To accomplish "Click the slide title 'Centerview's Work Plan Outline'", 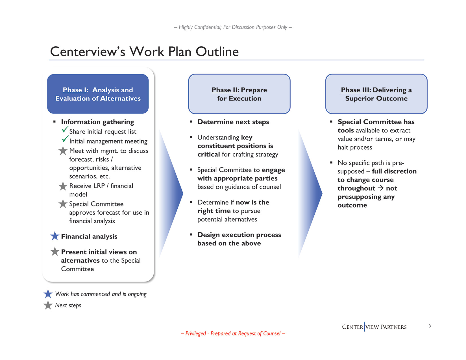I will [144, 52].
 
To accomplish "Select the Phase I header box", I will [98, 94].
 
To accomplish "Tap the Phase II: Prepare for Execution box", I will [239, 94].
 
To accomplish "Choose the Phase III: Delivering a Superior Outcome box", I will [376, 94].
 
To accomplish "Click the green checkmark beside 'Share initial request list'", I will [65, 130].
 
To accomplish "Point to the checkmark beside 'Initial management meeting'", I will [65, 139].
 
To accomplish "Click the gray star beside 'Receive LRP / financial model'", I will [63, 186].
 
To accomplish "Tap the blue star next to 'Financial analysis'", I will [55, 236].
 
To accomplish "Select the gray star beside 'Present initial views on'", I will [55, 251].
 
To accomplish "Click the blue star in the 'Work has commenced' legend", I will [48, 294].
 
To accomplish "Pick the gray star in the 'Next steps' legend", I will [48, 305].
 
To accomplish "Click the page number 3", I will [430, 326].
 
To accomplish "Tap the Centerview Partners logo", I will [374, 327].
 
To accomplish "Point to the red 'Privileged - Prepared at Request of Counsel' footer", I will [233, 333].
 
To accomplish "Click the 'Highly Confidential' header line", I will [233, 27].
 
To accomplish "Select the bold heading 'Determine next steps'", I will [233, 122].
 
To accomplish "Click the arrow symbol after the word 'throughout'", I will [380, 188].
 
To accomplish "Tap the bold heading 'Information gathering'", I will [97, 122].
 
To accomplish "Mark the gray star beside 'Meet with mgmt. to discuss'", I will [63, 151].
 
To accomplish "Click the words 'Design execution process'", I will [239, 235].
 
